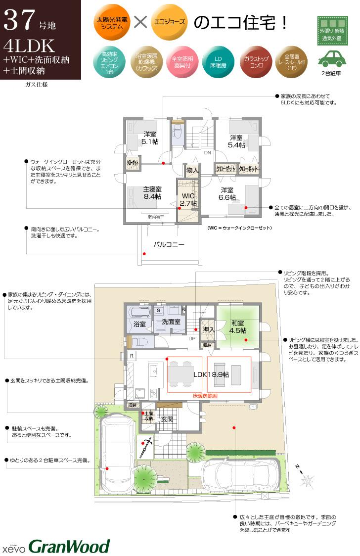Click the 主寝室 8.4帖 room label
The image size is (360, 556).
152,193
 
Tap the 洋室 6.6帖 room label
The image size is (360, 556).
227,193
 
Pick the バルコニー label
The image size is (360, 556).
169,244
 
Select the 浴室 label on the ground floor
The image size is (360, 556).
139,324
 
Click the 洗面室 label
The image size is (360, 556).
171,322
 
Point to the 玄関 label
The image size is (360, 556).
167,419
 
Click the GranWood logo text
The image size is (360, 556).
69,546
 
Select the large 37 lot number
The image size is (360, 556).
19,21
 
